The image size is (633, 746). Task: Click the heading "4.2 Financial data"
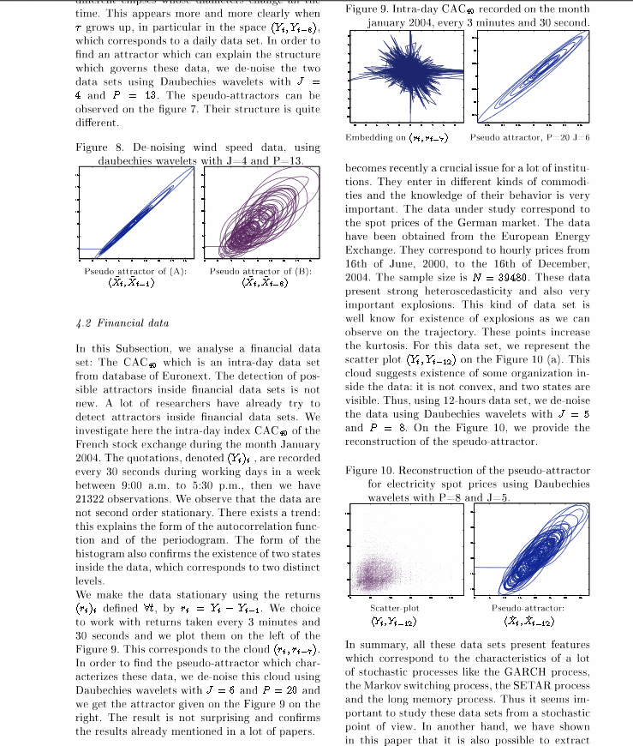click(x=122, y=323)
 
